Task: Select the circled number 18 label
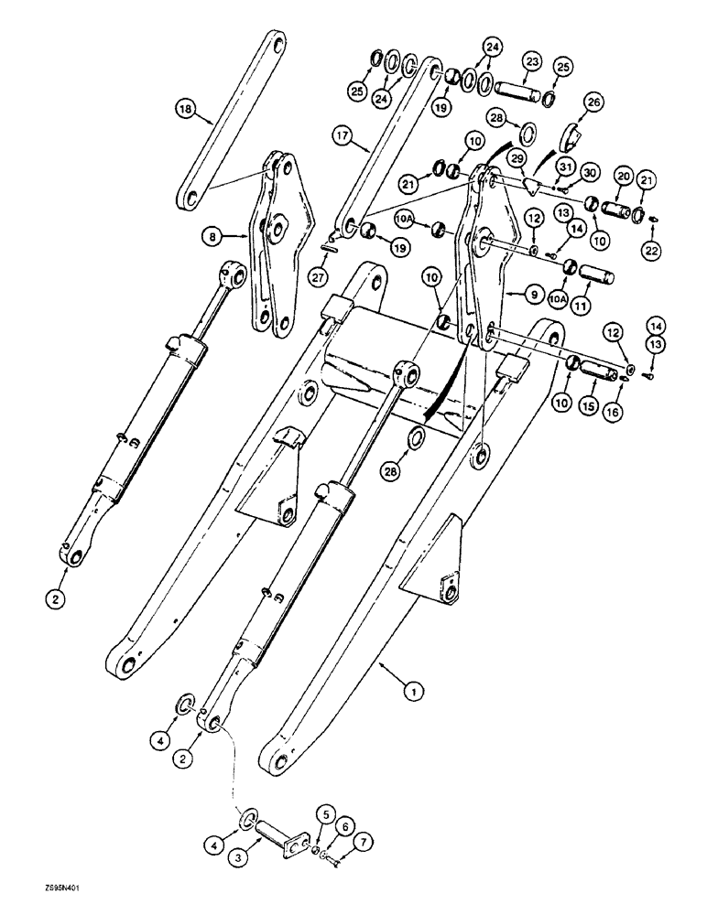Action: click(188, 110)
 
